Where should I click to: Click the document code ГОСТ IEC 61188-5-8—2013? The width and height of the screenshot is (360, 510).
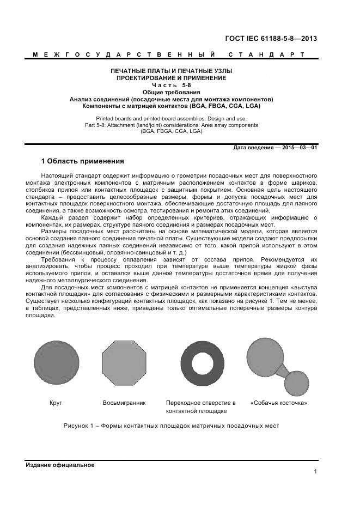[271, 39]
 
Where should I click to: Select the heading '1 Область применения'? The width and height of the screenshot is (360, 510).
[83, 161]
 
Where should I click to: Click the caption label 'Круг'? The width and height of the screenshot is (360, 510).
[56, 403]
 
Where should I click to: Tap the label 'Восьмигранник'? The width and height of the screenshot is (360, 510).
[124, 403]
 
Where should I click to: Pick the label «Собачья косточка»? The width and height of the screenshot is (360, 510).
[279, 403]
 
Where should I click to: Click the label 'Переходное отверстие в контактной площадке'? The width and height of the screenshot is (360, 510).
[200, 406]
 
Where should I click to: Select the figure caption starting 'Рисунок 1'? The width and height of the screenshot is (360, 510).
[171, 426]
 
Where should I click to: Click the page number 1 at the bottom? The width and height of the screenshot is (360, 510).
[315, 471]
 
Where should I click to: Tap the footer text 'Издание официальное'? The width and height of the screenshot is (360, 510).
[60, 465]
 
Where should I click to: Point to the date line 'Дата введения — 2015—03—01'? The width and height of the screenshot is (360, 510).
[275, 148]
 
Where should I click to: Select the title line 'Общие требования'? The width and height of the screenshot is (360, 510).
[171, 92]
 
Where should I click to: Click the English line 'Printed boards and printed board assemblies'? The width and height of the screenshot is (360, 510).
[171, 118]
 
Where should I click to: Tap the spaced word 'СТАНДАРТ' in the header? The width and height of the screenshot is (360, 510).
[266, 54]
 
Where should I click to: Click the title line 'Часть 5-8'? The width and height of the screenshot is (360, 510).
[171, 85]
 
